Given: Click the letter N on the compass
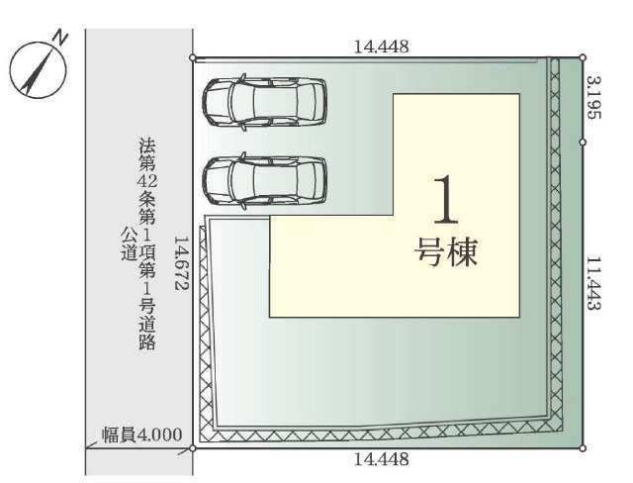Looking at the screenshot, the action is pyautogui.click(x=61, y=38).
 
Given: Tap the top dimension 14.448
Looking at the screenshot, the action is pyautogui.click(x=381, y=47).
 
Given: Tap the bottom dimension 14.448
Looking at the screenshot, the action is pyautogui.click(x=381, y=459).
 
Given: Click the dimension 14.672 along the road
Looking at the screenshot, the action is pyautogui.click(x=182, y=262).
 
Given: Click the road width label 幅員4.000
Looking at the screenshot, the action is pyautogui.click(x=141, y=435).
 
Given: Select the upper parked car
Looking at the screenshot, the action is pyautogui.click(x=265, y=103).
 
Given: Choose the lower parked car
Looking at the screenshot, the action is pyautogui.click(x=265, y=181).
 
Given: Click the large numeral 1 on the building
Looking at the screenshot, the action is pyautogui.click(x=446, y=200).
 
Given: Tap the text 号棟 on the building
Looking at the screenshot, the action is pyautogui.click(x=446, y=251).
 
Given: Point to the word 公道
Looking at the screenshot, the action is pyautogui.click(x=129, y=244).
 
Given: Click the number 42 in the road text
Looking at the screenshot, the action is pyautogui.click(x=147, y=182).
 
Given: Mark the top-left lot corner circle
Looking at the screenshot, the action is pyautogui.click(x=193, y=58).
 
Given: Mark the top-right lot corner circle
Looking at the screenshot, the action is pyautogui.click(x=583, y=57).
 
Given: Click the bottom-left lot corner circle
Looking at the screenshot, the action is pyautogui.click(x=193, y=448).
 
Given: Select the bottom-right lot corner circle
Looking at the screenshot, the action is pyautogui.click(x=583, y=448).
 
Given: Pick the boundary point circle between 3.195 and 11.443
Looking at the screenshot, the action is pyautogui.click(x=583, y=143).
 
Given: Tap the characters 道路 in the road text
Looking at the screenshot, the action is pyautogui.click(x=147, y=334).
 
